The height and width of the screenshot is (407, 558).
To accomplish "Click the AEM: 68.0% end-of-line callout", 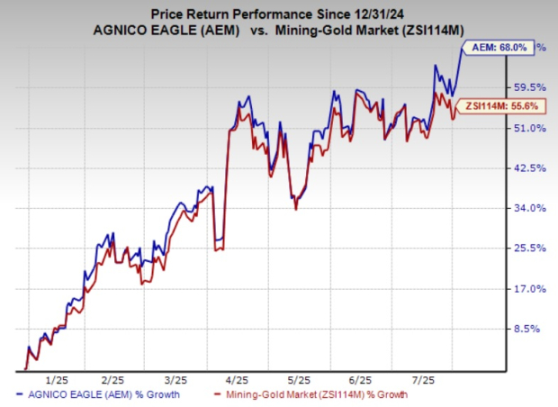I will (x=499, y=47).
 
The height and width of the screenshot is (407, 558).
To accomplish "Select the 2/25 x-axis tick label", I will (x=112, y=378).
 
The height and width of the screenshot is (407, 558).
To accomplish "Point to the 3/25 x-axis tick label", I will (x=175, y=378).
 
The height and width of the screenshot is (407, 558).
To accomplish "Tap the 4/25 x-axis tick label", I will (x=238, y=378).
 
